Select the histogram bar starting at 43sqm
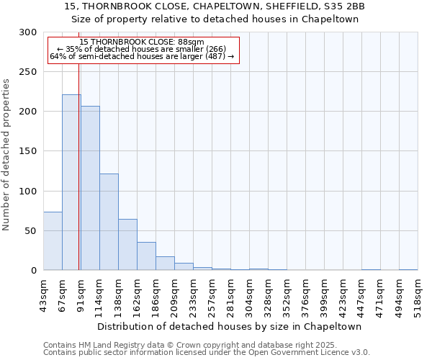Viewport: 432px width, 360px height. (x=53, y=241)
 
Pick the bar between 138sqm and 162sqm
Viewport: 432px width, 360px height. (x=127, y=245)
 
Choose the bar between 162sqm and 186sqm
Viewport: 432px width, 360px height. (x=146, y=256)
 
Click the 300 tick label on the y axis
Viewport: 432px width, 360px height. (x=28, y=32)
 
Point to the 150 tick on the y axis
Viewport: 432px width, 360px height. (x=28, y=151)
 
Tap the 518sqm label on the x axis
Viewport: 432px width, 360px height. (x=421, y=292)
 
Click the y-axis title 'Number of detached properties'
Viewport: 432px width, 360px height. (x=6, y=155)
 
